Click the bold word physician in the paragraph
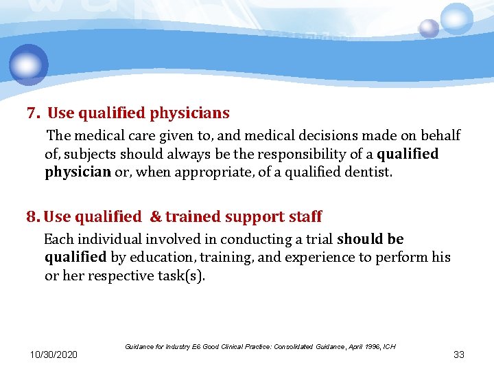coord(78,172)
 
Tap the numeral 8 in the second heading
coord(32,217)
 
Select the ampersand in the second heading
coord(155,217)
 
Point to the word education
coord(161,258)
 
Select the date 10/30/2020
coord(54,355)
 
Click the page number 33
coord(459,355)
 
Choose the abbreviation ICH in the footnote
coord(388,346)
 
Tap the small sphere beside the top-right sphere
coord(429,28)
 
